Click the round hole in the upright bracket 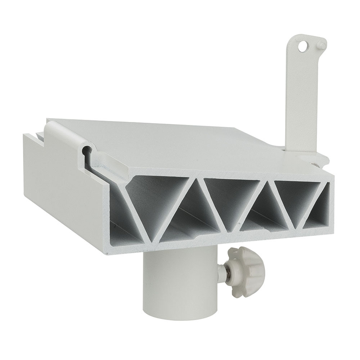[x=305, y=45]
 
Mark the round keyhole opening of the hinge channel [x=86, y=149]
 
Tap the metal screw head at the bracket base [x=315, y=164]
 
